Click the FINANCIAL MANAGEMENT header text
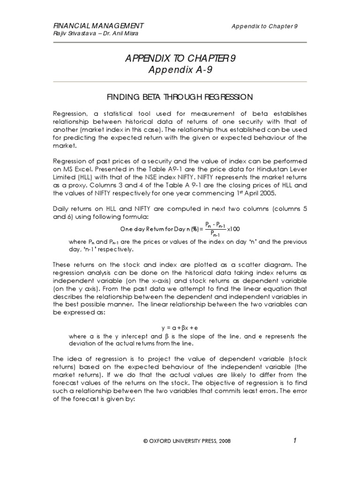(x=98, y=25)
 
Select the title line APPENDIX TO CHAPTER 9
(x=180, y=58)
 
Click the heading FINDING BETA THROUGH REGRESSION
(x=180, y=97)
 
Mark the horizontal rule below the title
(x=180, y=82)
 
